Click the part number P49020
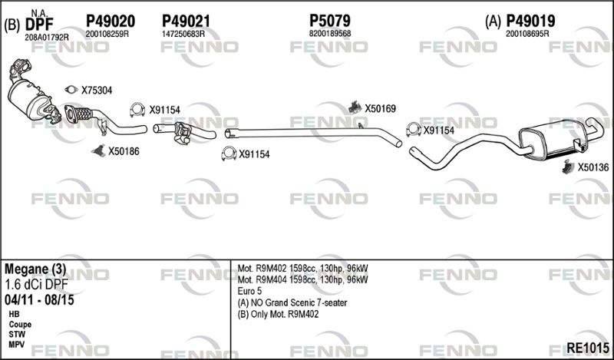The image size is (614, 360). (111, 21)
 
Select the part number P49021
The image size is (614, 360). (186, 21)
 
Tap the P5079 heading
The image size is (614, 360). (330, 21)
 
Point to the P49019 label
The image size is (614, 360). (530, 21)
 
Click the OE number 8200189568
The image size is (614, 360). (330, 34)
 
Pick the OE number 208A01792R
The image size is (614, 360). (47, 38)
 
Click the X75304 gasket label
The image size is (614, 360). (97, 91)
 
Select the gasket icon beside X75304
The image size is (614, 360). (71, 90)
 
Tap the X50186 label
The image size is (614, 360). (124, 151)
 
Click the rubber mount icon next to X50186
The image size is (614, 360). (99, 150)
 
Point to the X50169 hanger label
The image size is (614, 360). (380, 108)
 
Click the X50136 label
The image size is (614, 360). (593, 167)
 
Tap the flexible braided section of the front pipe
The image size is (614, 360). (83, 114)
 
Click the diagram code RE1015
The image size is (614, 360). (588, 348)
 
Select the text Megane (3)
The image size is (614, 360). (35, 269)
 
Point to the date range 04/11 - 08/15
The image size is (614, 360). (39, 300)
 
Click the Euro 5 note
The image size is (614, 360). (249, 292)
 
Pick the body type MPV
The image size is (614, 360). (17, 345)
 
